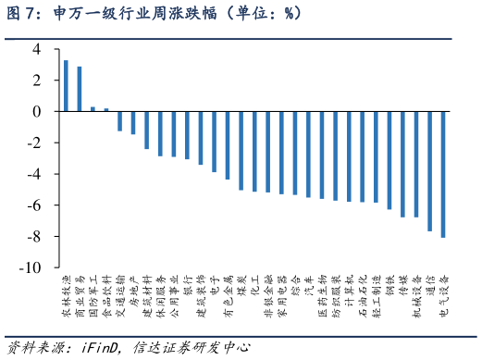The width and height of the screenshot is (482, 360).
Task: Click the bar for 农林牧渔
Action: click(66, 85)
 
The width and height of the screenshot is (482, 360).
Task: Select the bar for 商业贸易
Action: click(80, 89)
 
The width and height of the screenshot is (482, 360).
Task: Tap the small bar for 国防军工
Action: click(93, 108)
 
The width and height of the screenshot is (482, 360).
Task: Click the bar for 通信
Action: click(429, 171)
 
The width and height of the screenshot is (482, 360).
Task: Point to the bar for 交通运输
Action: click(119, 120)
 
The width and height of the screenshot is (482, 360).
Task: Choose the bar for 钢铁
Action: click(389, 160)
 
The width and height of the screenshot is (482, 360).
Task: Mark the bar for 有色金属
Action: click(228, 145)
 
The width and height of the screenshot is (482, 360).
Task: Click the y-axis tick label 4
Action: click(37, 49)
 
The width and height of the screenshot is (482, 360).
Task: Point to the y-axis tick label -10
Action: click(31, 267)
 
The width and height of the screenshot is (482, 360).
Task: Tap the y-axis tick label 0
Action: click(37, 111)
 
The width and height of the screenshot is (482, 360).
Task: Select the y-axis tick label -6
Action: click(34, 205)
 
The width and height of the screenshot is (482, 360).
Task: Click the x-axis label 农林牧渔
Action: click(66, 296)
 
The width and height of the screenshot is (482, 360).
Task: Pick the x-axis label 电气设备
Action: click(443, 296)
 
